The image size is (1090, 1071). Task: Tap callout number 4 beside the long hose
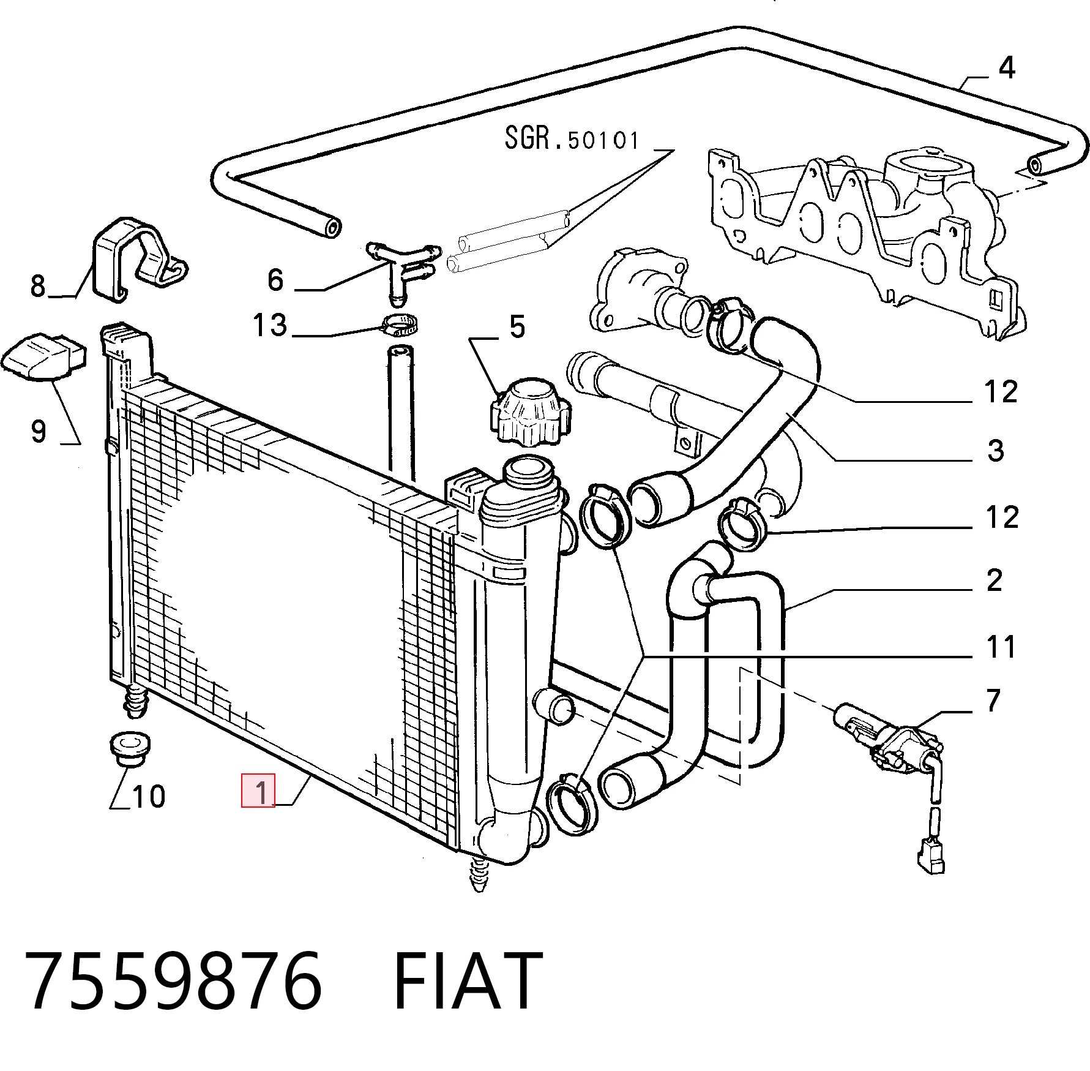[x=1007, y=67]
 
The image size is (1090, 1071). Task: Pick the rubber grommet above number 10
[x=129, y=748]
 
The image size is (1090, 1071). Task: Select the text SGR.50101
[x=572, y=139]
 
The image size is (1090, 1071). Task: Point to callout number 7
[x=993, y=700]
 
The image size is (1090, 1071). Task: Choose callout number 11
[x=1001, y=647]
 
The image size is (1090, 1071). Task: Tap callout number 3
[x=996, y=451]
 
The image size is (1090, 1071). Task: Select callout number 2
[x=995, y=580]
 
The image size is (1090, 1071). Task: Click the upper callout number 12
[x=1001, y=392]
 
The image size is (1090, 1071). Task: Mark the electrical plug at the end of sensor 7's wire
[x=931, y=856]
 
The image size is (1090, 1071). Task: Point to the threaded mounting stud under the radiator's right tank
[x=480, y=873]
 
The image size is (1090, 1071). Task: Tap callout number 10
[x=149, y=797]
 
